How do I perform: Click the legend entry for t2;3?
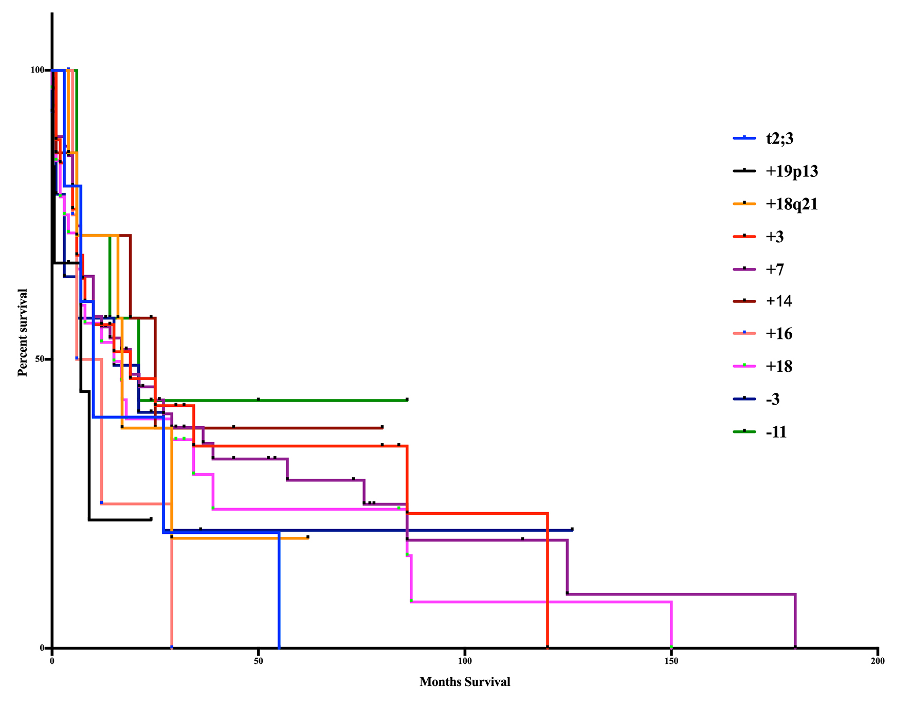(x=779, y=139)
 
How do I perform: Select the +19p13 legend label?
(x=791, y=171)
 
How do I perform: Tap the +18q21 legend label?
(x=791, y=204)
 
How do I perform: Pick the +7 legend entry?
(x=774, y=269)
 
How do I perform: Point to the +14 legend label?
(x=778, y=301)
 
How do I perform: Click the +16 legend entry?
(x=778, y=334)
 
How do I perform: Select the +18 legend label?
(x=778, y=367)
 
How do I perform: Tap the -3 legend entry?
(x=772, y=399)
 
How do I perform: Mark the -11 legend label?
(x=776, y=432)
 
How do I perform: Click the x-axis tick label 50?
(x=259, y=661)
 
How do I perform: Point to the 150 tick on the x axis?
(x=671, y=661)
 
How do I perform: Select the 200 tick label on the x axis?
(x=878, y=661)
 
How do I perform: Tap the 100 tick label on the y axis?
(x=38, y=70)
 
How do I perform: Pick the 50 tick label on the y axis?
(x=40, y=359)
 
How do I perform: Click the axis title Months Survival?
(x=465, y=682)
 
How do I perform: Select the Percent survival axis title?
(x=23, y=332)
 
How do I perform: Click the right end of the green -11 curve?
(x=407, y=400)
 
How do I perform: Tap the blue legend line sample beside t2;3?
(x=744, y=138)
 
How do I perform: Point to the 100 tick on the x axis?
(x=465, y=661)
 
